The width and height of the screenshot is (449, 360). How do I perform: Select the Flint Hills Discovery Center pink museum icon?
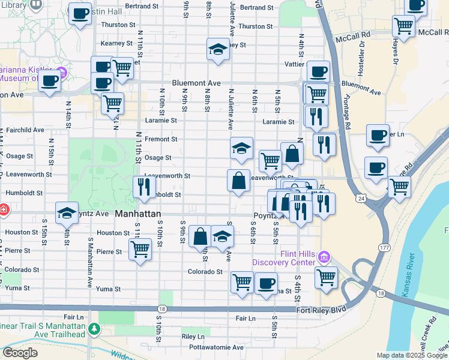(x=324, y=257)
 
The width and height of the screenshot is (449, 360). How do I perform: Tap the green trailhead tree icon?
(x=94, y=329)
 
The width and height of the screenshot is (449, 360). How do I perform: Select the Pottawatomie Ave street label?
(x=213, y=347)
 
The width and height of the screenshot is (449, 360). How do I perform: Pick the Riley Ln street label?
(x=193, y=337)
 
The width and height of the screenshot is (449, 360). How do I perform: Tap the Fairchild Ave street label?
(x=25, y=130)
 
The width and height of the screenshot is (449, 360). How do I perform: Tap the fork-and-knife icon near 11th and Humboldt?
(x=144, y=187)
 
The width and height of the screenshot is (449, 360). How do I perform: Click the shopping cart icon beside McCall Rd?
(x=403, y=26)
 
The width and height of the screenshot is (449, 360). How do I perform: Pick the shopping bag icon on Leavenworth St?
(x=238, y=180)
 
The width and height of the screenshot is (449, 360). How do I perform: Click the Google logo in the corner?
(x=20, y=353)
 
